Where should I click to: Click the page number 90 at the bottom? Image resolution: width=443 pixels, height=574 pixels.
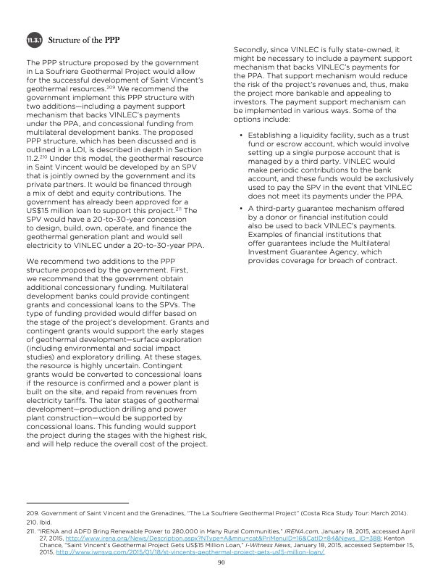[221, 560]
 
